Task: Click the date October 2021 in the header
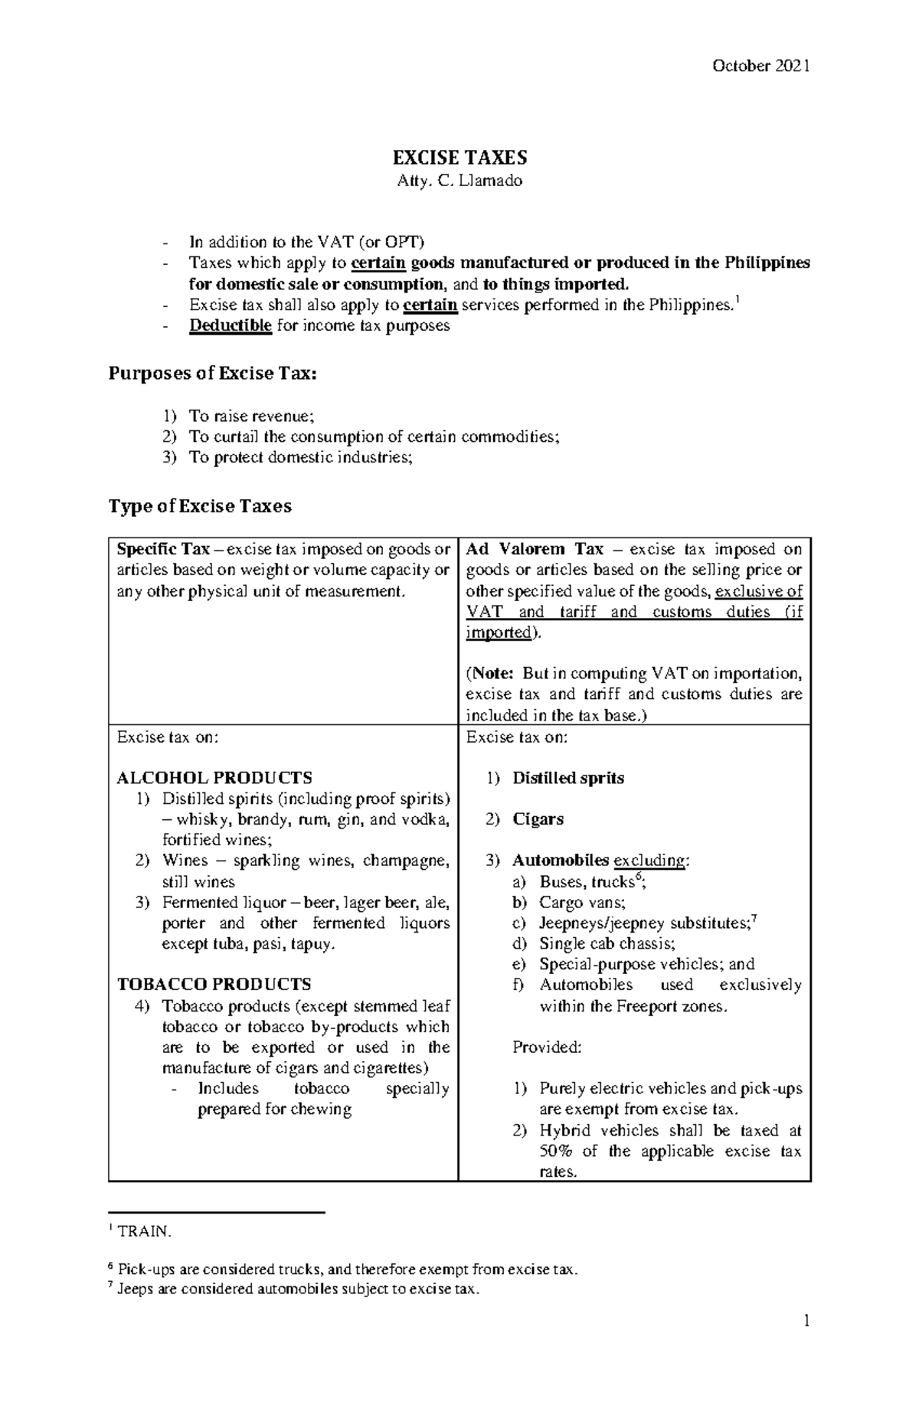click(760, 66)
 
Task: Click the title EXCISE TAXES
click(459, 158)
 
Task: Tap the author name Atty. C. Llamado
click(459, 181)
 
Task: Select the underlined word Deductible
click(231, 325)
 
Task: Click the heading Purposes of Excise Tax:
click(212, 374)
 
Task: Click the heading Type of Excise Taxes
click(200, 506)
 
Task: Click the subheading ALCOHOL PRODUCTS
click(214, 778)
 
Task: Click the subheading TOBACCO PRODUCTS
click(214, 985)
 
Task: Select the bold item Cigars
click(538, 819)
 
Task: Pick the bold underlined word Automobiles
click(561, 861)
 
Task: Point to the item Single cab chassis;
click(607, 943)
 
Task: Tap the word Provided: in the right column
click(547, 1047)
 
